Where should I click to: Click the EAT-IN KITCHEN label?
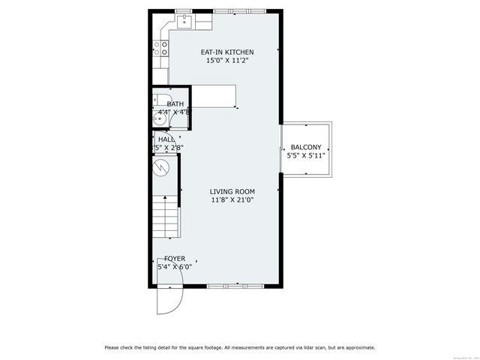click(x=227, y=52)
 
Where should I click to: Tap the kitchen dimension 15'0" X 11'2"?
click(x=227, y=60)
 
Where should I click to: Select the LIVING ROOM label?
click(x=232, y=191)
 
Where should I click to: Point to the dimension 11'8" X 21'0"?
click(x=232, y=199)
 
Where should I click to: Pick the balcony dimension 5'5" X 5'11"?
click(x=306, y=156)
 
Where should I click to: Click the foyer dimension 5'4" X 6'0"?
click(x=175, y=266)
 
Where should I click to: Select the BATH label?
click(x=175, y=103)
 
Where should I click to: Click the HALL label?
click(x=166, y=139)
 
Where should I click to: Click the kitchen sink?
click(x=184, y=22)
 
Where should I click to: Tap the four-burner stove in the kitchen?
click(x=160, y=48)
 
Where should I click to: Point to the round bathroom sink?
click(x=158, y=118)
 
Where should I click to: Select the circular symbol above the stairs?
click(x=160, y=169)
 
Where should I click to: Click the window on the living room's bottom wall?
click(x=235, y=286)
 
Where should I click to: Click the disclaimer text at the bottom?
click(x=240, y=347)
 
